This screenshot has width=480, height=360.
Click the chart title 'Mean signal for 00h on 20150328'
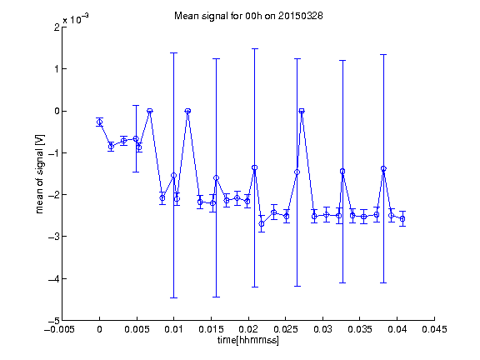point(248,16)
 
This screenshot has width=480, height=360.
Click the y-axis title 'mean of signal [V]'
point(40,174)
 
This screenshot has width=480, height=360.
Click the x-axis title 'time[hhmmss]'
point(248,340)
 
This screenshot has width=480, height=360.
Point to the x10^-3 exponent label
point(76,19)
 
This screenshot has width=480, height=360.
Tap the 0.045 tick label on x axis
point(434,329)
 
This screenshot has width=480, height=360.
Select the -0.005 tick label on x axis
point(59,329)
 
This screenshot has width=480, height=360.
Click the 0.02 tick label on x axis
point(248,329)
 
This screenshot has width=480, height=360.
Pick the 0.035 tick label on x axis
point(360,329)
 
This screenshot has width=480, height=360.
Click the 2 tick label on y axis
point(57,27)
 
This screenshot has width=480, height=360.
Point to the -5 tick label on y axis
point(54,321)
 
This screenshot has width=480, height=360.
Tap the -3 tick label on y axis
point(54,237)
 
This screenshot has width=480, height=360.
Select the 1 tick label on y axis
point(57,69)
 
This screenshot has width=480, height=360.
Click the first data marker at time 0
point(99,122)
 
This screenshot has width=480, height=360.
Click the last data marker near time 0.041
point(402,219)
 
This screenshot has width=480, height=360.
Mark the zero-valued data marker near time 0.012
point(188,111)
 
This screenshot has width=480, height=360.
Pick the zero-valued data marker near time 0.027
point(302,111)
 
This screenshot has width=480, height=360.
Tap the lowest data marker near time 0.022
point(262,224)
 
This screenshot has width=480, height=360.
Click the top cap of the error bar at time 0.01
point(173,53)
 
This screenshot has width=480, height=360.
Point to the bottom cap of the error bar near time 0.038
point(383,282)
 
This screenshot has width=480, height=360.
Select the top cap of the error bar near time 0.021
point(255,48)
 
